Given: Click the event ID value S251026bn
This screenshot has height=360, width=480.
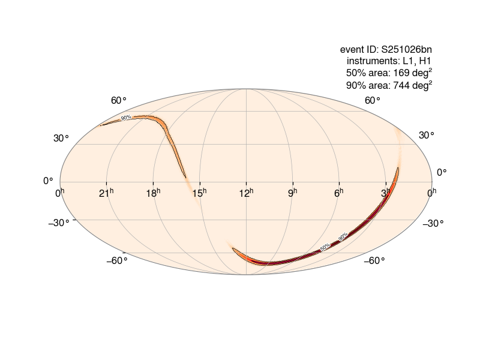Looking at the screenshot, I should click(407, 49).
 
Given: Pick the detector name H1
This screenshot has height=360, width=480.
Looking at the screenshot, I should click(425, 61).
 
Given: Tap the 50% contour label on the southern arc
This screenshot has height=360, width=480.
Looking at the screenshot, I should click(325, 247).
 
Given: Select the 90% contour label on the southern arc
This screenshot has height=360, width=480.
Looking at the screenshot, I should click(343, 237).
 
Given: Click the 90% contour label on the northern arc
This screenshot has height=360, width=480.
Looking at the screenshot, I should click(126, 118).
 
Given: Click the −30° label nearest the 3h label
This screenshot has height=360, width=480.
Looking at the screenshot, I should click(433, 224).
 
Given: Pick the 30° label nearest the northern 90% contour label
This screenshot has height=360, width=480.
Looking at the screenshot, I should click(61, 138).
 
